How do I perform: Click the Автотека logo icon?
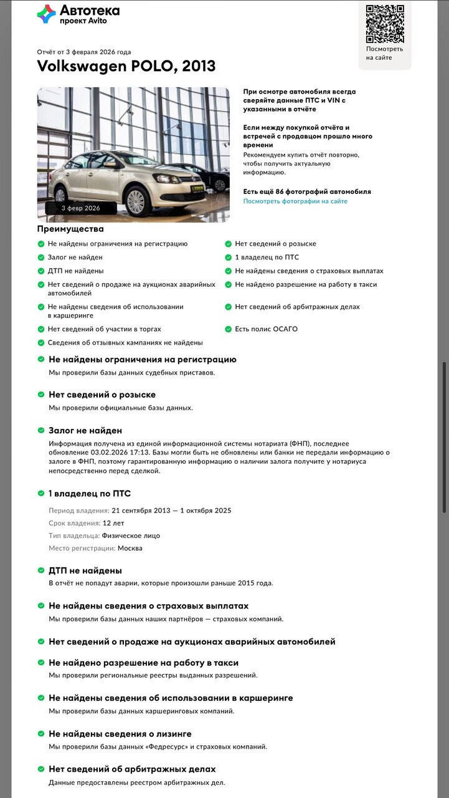pos(46,14)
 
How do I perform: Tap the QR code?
pos(384,24)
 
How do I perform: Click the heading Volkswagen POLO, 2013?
pos(126,65)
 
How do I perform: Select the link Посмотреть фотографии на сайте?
pos(295,201)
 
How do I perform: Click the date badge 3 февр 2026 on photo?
pos(80,208)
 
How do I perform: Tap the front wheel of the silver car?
pos(135,200)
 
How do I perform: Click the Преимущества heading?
pos(70,229)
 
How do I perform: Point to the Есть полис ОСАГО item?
pos(266,329)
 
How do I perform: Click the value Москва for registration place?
pos(130,548)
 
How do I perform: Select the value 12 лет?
pos(113,523)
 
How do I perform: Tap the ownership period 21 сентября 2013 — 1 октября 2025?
pos(171,511)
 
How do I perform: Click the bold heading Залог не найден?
pos(85,430)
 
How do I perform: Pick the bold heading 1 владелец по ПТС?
pos(90,493)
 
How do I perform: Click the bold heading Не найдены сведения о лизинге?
pos(120,734)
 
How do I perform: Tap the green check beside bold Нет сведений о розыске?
pos(42,395)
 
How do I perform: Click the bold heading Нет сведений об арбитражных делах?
pos(132,769)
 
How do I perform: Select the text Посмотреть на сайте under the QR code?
pos(384,53)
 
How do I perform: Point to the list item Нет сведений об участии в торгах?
pos(104,329)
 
